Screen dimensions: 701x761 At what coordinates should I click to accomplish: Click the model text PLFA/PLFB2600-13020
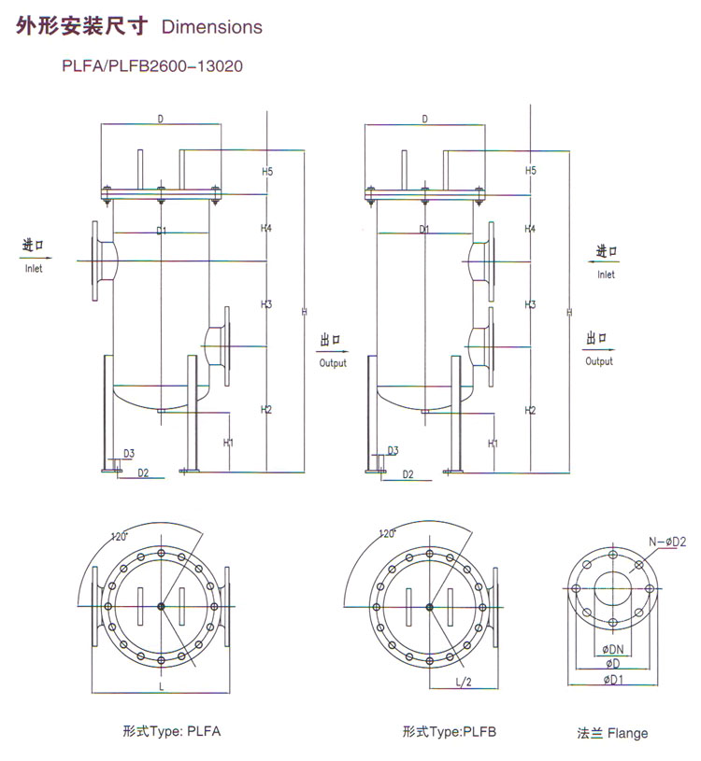tap(152, 65)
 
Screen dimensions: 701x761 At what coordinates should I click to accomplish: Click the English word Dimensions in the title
tap(212, 27)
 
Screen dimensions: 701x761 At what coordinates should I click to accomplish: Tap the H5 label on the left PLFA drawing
tap(267, 171)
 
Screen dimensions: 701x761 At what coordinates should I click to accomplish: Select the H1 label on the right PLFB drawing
tap(493, 444)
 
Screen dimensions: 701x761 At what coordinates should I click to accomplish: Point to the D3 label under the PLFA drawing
tap(129, 453)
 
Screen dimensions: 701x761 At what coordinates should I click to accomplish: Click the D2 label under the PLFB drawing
tap(408, 474)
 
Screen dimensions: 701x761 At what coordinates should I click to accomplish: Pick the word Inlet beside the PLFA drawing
tap(34, 268)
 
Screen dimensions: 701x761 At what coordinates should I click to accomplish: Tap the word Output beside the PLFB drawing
tap(599, 361)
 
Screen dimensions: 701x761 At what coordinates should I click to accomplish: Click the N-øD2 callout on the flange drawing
tap(667, 542)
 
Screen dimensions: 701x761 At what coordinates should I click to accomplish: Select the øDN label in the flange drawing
tap(613, 649)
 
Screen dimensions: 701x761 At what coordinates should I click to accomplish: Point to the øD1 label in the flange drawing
tap(613, 680)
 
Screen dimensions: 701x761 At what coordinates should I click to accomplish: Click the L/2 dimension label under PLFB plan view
tap(464, 682)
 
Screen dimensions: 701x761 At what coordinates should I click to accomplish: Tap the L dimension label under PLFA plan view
tap(162, 686)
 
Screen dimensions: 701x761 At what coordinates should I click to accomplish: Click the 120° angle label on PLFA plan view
tap(119, 536)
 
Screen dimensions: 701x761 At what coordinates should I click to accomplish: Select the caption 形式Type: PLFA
tap(171, 731)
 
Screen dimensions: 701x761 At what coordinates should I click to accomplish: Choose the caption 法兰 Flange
tap(612, 733)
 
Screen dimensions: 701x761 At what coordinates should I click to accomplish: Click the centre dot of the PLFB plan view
tap(429, 607)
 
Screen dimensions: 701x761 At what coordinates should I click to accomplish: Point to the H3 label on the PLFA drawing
tap(266, 304)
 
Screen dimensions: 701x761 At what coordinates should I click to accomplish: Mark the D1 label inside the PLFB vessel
tap(424, 229)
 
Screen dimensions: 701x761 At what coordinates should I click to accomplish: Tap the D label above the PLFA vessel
tap(161, 119)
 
